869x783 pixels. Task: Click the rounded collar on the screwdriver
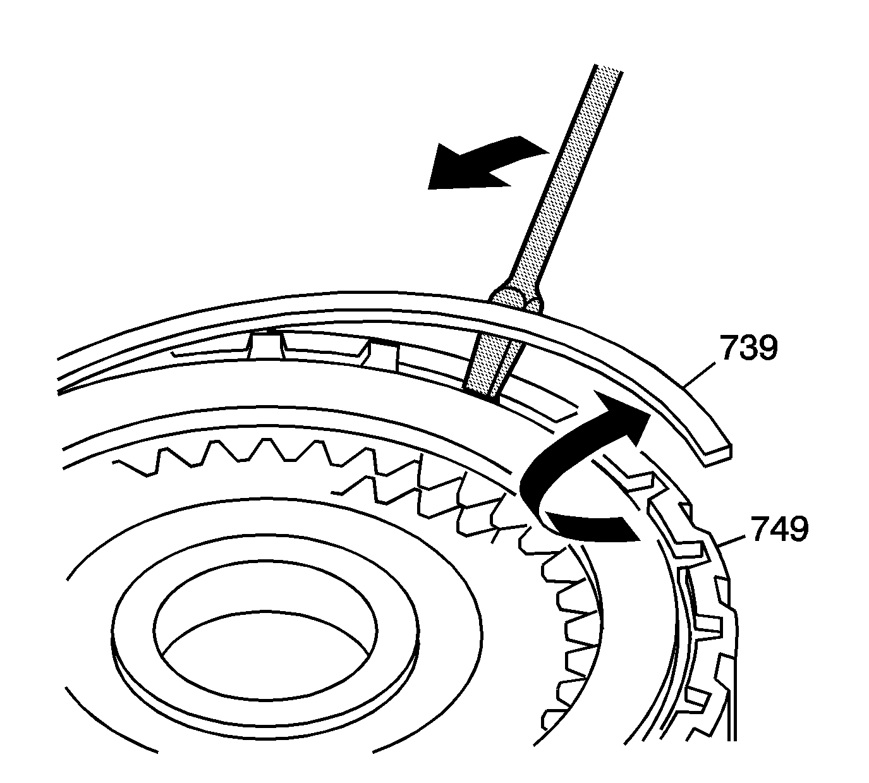tap(517, 297)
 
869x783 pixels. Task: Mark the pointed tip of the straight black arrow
tap(430, 187)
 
